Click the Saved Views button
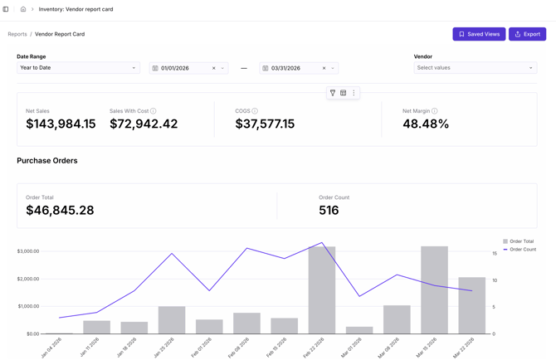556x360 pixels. [479, 34]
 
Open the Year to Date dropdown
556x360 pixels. [78, 68]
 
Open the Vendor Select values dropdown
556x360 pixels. [475, 68]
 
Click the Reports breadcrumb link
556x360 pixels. [17, 34]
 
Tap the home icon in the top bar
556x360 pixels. [23, 9]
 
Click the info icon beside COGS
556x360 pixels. [255, 111]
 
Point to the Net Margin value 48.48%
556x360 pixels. [426, 124]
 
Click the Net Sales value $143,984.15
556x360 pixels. [61, 124]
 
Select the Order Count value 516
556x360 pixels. [329, 211]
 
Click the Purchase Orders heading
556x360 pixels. [47, 161]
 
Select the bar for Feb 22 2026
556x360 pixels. [322, 290]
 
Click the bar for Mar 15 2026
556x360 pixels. [434, 290]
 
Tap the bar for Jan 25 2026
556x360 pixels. [172, 320]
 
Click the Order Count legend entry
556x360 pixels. [522, 250]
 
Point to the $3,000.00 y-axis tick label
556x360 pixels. [28, 251]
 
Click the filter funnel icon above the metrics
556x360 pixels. [333, 93]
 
